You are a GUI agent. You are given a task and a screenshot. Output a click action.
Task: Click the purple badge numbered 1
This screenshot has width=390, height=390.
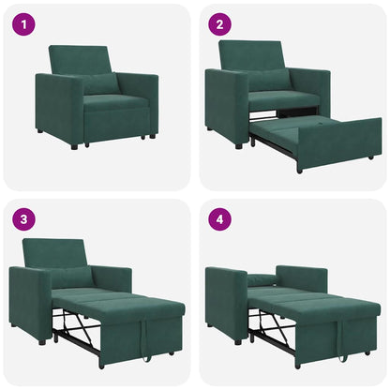(x=22, y=22)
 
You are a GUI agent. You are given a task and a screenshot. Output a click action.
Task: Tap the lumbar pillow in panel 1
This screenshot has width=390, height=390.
(x=99, y=84)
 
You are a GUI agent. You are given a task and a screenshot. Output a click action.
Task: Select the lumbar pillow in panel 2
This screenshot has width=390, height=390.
(x=269, y=81)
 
